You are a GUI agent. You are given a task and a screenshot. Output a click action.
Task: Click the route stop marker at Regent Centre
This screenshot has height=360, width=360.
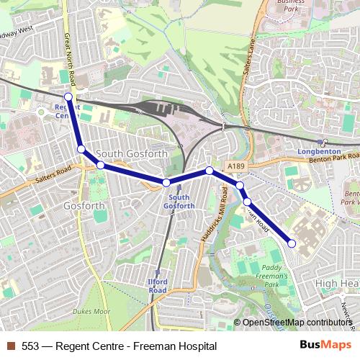coord(68,96)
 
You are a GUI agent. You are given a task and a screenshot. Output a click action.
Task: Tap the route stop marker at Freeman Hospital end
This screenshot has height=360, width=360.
coord(292,243)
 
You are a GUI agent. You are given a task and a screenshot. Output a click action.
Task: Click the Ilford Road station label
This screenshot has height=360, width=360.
coord(158,285)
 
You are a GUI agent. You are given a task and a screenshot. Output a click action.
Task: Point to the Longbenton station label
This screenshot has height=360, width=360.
coord(318,152)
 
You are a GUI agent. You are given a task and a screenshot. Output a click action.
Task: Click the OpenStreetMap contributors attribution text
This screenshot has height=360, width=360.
coord(295,323)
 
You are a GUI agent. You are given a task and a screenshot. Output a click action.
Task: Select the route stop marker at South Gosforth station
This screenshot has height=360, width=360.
coord(166,183)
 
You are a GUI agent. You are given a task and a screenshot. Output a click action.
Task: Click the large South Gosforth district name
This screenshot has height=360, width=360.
coord(131,153)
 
